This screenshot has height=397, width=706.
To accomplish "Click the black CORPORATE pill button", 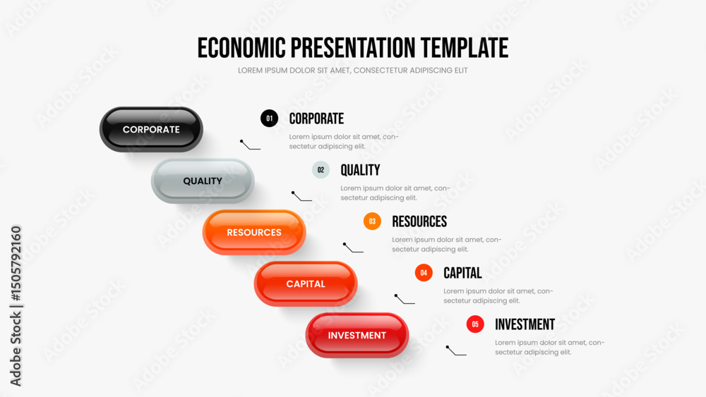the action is click(151, 130).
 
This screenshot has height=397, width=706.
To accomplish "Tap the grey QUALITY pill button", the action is click(203, 181).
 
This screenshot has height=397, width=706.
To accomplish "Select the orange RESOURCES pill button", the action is click(254, 233).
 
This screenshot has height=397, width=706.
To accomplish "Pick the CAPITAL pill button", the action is click(306, 283).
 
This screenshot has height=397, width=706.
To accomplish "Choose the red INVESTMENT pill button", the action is click(357, 336).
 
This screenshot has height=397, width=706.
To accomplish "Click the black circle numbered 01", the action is click(269, 118).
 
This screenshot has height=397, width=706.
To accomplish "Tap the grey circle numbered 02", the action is click(321, 170).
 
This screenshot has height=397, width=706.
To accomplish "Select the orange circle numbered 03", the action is click(372, 221).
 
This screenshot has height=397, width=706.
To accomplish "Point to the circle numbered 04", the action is click(424, 272).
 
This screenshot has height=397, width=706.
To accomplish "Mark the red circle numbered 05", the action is click(475, 324).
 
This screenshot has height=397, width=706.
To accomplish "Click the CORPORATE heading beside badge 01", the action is click(316, 118).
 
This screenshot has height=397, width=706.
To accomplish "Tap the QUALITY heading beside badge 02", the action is click(360, 170).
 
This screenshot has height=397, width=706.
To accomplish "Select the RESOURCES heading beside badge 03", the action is click(419, 221).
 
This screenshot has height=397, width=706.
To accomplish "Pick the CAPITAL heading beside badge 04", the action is click(462, 273).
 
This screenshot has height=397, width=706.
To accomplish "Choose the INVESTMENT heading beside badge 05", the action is click(525, 324).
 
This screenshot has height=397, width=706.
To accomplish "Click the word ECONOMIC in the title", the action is click(241, 48).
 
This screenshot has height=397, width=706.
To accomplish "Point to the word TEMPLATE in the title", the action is click(465, 48).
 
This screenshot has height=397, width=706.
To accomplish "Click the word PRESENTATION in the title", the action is click(353, 48).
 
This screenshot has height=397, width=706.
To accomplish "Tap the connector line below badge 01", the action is click(250, 145).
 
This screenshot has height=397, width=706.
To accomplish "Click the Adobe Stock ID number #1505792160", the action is click(16, 264).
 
